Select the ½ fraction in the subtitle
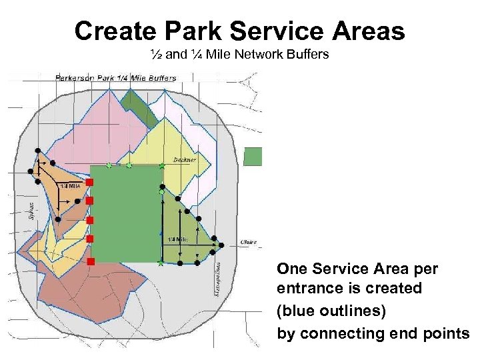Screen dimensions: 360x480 tap(155, 55)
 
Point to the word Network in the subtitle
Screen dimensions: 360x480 tap(252, 55)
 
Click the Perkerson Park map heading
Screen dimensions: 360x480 tap(116, 77)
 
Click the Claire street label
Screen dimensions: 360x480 tap(239, 241)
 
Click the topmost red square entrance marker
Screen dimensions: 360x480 tap(91, 182)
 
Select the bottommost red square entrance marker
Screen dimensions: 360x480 tap(91, 261)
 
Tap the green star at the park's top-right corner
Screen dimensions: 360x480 tap(161, 165)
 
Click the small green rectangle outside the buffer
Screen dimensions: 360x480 tap(253, 157)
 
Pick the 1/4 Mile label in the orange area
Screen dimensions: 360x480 tap(70, 186)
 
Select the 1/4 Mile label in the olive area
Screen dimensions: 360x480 tap(177, 239)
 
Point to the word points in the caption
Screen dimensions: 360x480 tap(447, 333)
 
